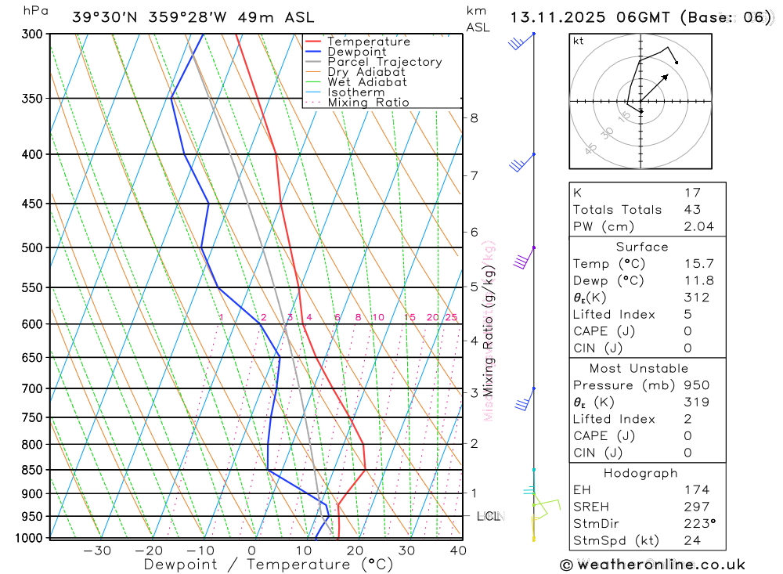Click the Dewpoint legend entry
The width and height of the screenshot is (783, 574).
click(356, 52)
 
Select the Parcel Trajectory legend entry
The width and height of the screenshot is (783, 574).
click(384, 62)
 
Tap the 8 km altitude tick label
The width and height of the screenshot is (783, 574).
click(474, 118)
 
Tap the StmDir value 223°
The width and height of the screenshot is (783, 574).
click(696, 524)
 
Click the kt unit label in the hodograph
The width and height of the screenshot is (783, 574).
click(579, 42)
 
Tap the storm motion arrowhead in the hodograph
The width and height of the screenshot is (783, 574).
click(666, 76)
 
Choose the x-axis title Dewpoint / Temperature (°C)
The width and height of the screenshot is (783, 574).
click(269, 564)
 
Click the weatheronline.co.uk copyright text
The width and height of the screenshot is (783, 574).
click(652, 565)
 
